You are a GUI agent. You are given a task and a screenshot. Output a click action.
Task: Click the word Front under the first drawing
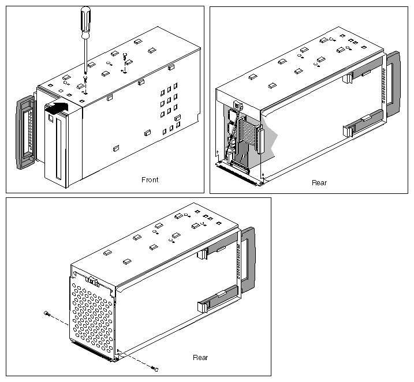pyautogui.click(x=150, y=179)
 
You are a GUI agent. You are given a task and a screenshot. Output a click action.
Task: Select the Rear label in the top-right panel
pyautogui.click(x=319, y=182)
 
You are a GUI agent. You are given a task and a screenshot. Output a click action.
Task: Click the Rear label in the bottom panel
pyautogui.click(x=200, y=357)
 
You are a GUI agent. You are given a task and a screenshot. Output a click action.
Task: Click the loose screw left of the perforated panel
pyautogui.click(x=47, y=313)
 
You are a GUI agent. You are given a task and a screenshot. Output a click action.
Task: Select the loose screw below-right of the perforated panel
pyautogui.click(x=154, y=368)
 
